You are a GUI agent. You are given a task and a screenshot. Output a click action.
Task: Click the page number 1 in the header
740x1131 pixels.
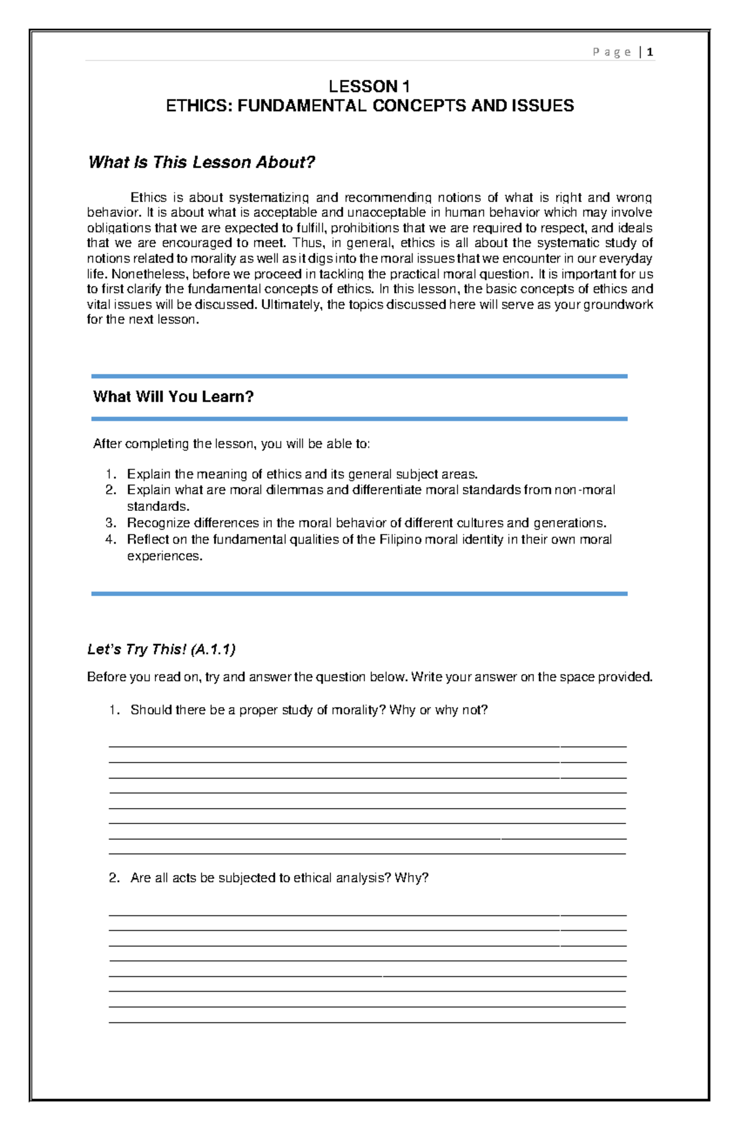pos(650,52)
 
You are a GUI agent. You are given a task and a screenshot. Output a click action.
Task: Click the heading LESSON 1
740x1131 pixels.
pos(369,86)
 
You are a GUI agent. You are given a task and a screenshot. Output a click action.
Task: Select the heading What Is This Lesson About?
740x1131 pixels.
pos(202,162)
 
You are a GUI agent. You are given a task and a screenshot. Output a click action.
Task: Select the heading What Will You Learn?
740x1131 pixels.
pos(173,396)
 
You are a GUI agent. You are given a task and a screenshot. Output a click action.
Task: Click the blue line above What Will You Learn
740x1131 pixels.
pos(359,376)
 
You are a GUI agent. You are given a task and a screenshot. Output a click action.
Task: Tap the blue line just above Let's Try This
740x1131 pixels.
pos(359,594)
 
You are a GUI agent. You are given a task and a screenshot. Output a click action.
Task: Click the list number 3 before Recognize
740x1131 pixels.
pos(110,523)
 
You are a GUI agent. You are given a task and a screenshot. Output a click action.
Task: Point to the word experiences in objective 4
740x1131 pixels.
pos(164,556)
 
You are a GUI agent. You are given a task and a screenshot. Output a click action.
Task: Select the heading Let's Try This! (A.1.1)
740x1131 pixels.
pos(162,649)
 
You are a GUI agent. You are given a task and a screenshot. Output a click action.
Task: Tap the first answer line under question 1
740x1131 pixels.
pos(368,746)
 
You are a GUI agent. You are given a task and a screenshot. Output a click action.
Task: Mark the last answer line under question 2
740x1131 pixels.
pos(368,1023)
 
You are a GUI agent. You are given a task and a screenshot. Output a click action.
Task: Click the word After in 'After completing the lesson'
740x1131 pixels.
pos(105,444)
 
